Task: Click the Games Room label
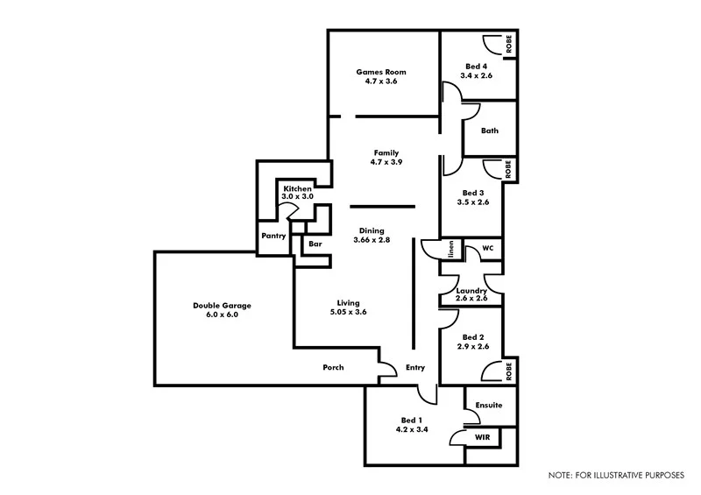point(381,72)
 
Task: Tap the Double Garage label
point(222,306)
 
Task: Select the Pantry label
point(272,237)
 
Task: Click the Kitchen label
point(297,189)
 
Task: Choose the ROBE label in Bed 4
point(508,43)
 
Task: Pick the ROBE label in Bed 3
point(507,169)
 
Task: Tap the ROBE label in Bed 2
point(508,371)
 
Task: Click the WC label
point(488,248)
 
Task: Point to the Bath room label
point(489,131)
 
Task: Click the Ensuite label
point(489,406)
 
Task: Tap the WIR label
point(482,436)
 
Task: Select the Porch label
point(333,368)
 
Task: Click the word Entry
point(414,368)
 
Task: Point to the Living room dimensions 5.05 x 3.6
point(348,313)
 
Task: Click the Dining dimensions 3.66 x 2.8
point(372,240)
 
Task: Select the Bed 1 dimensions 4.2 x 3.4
point(412,430)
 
